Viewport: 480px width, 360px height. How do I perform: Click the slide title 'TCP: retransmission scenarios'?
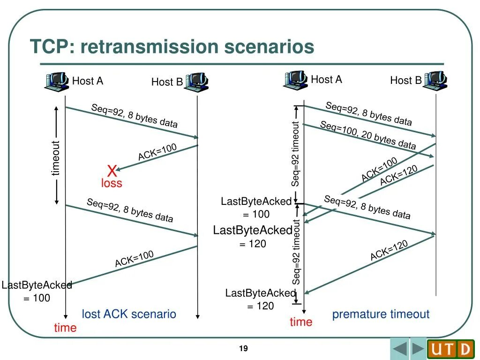pos(172,47)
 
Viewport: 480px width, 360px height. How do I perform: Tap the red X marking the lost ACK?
pos(112,170)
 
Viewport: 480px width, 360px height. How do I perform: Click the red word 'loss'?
pos(112,183)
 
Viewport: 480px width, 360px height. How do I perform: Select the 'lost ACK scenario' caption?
pos(129,314)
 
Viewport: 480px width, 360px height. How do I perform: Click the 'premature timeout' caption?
pos(381,314)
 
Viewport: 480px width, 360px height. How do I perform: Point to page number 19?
pos(243,348)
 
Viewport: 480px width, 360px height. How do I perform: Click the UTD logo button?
pos(450,349)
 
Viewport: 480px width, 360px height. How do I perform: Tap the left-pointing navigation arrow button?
pos(400,349)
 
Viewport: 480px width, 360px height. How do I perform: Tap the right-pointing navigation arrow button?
pos(418,349)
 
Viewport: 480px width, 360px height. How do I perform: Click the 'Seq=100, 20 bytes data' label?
pos(368,135)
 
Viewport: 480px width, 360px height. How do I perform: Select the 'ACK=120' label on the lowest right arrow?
pos(389,250)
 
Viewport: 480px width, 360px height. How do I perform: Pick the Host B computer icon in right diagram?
pos(435,80)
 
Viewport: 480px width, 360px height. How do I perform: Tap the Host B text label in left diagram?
pos(167,82)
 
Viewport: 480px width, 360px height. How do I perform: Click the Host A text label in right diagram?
pos(326,80)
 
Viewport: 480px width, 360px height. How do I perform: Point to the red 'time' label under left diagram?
pos(65,328)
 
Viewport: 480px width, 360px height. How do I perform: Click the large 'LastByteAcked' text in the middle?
pos(253,230)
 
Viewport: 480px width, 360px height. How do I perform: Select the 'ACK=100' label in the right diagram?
pos(379,170)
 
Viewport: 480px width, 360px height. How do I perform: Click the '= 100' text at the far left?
pos(37,298)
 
